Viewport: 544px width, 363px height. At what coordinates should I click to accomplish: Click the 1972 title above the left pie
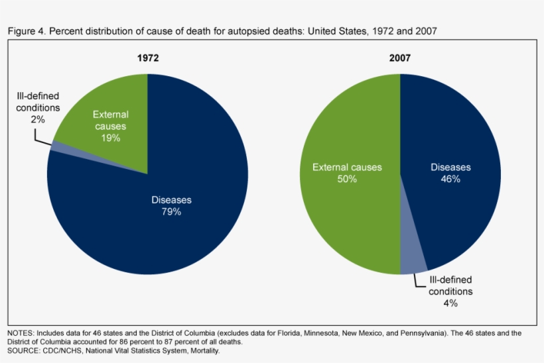(147, 58)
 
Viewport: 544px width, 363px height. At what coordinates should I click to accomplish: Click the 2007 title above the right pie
(400, 58)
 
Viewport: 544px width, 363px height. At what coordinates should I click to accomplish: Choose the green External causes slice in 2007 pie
(345, 199)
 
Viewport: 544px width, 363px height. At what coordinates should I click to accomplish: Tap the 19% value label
(111, 138)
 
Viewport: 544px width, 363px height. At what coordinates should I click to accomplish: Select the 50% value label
(347, 179)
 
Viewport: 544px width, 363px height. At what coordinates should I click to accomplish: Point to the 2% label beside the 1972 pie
(38, 119)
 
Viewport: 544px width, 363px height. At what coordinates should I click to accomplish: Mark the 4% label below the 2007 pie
(450, 303)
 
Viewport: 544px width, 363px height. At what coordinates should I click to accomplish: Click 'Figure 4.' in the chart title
(27, 32)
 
